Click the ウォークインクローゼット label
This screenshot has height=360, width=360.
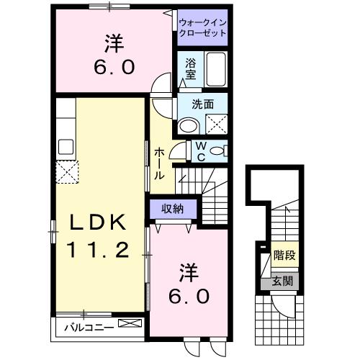(x=203, y=27)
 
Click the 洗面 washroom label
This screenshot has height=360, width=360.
(x=202, y=104)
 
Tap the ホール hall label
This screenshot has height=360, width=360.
(x=159, y=163)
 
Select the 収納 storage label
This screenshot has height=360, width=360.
(x=172, y=209)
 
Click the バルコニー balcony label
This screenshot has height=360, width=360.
(x=86, y=325)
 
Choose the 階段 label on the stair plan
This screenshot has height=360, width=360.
(x=284, y=256)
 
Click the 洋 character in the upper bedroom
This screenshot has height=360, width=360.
(x=113, y=45)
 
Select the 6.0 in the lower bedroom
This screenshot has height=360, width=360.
(x=189, y=295)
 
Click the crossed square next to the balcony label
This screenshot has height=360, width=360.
(x=130, y=325)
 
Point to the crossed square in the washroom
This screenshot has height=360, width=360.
(x=217, y=124)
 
